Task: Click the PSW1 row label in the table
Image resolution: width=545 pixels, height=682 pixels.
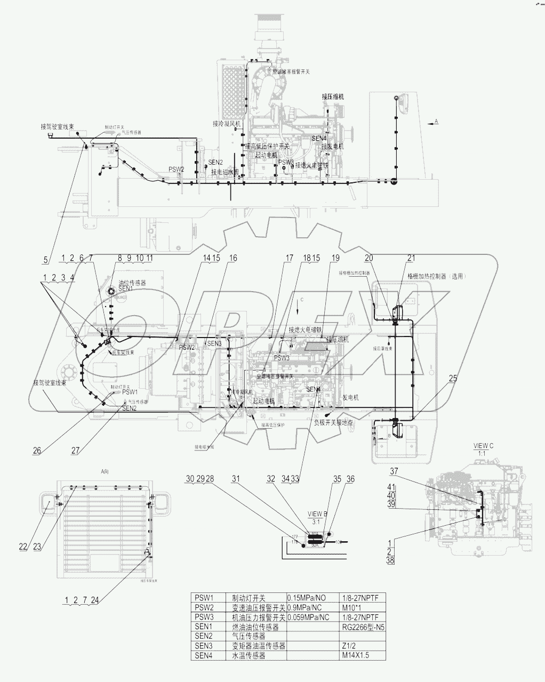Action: click(204, 598)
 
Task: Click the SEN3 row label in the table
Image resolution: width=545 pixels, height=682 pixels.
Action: click(204, 646)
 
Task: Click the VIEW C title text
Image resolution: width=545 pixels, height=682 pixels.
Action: click(484, 445)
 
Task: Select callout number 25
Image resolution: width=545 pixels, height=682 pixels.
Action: click(452, 379)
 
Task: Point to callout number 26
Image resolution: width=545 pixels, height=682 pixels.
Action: click(37, 450)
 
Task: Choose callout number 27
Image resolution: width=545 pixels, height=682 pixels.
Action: click(76, 450)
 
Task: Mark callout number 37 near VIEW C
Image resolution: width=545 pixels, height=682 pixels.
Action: click(394, 471)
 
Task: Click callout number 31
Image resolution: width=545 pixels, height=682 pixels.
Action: click(237, 479)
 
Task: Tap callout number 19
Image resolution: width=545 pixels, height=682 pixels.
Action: click(335, 258)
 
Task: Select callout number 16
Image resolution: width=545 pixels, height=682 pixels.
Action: click(233, 258)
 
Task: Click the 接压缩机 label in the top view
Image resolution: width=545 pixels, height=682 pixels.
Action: click(332, 97)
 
